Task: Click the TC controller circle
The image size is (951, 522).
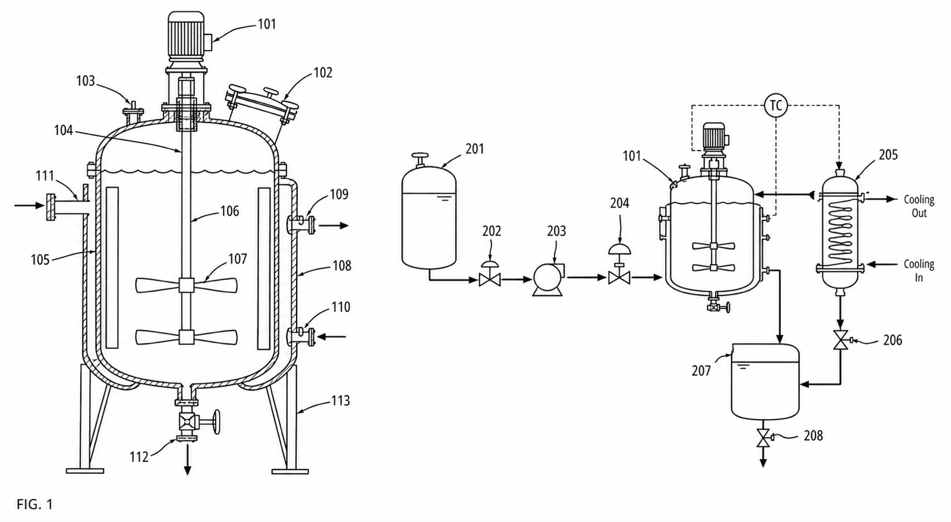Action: point(776,105)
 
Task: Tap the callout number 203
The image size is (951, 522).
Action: point(556,231)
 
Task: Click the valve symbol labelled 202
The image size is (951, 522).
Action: point(490,274)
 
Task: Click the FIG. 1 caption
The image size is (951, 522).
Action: point(35,504)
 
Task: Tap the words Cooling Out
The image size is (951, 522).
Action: point(919,206)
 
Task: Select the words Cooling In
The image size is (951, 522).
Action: point(919,271)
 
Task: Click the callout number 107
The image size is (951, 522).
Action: point(237,259)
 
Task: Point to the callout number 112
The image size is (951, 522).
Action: point(139,457)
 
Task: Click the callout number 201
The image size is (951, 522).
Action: point(475,149)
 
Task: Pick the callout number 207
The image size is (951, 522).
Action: point(701,371)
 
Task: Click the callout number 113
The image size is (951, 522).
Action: point(341,401)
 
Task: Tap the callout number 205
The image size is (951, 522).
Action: point(888,155)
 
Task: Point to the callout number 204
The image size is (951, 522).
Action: point(619,203)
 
